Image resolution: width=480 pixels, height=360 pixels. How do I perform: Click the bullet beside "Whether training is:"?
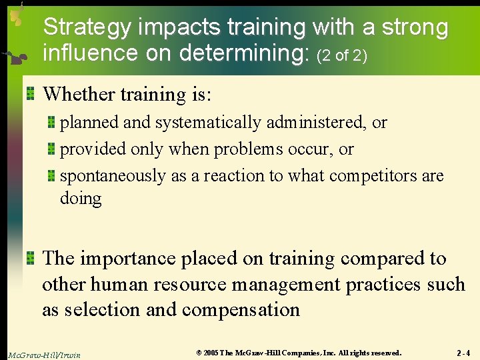30,94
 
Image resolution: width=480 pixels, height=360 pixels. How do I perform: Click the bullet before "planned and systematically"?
51,123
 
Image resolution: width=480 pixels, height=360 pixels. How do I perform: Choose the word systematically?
208,123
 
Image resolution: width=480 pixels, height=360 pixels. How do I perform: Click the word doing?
81,199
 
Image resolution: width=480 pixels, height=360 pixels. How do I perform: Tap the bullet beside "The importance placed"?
30,258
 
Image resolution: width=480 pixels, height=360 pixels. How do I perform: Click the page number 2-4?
463,353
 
